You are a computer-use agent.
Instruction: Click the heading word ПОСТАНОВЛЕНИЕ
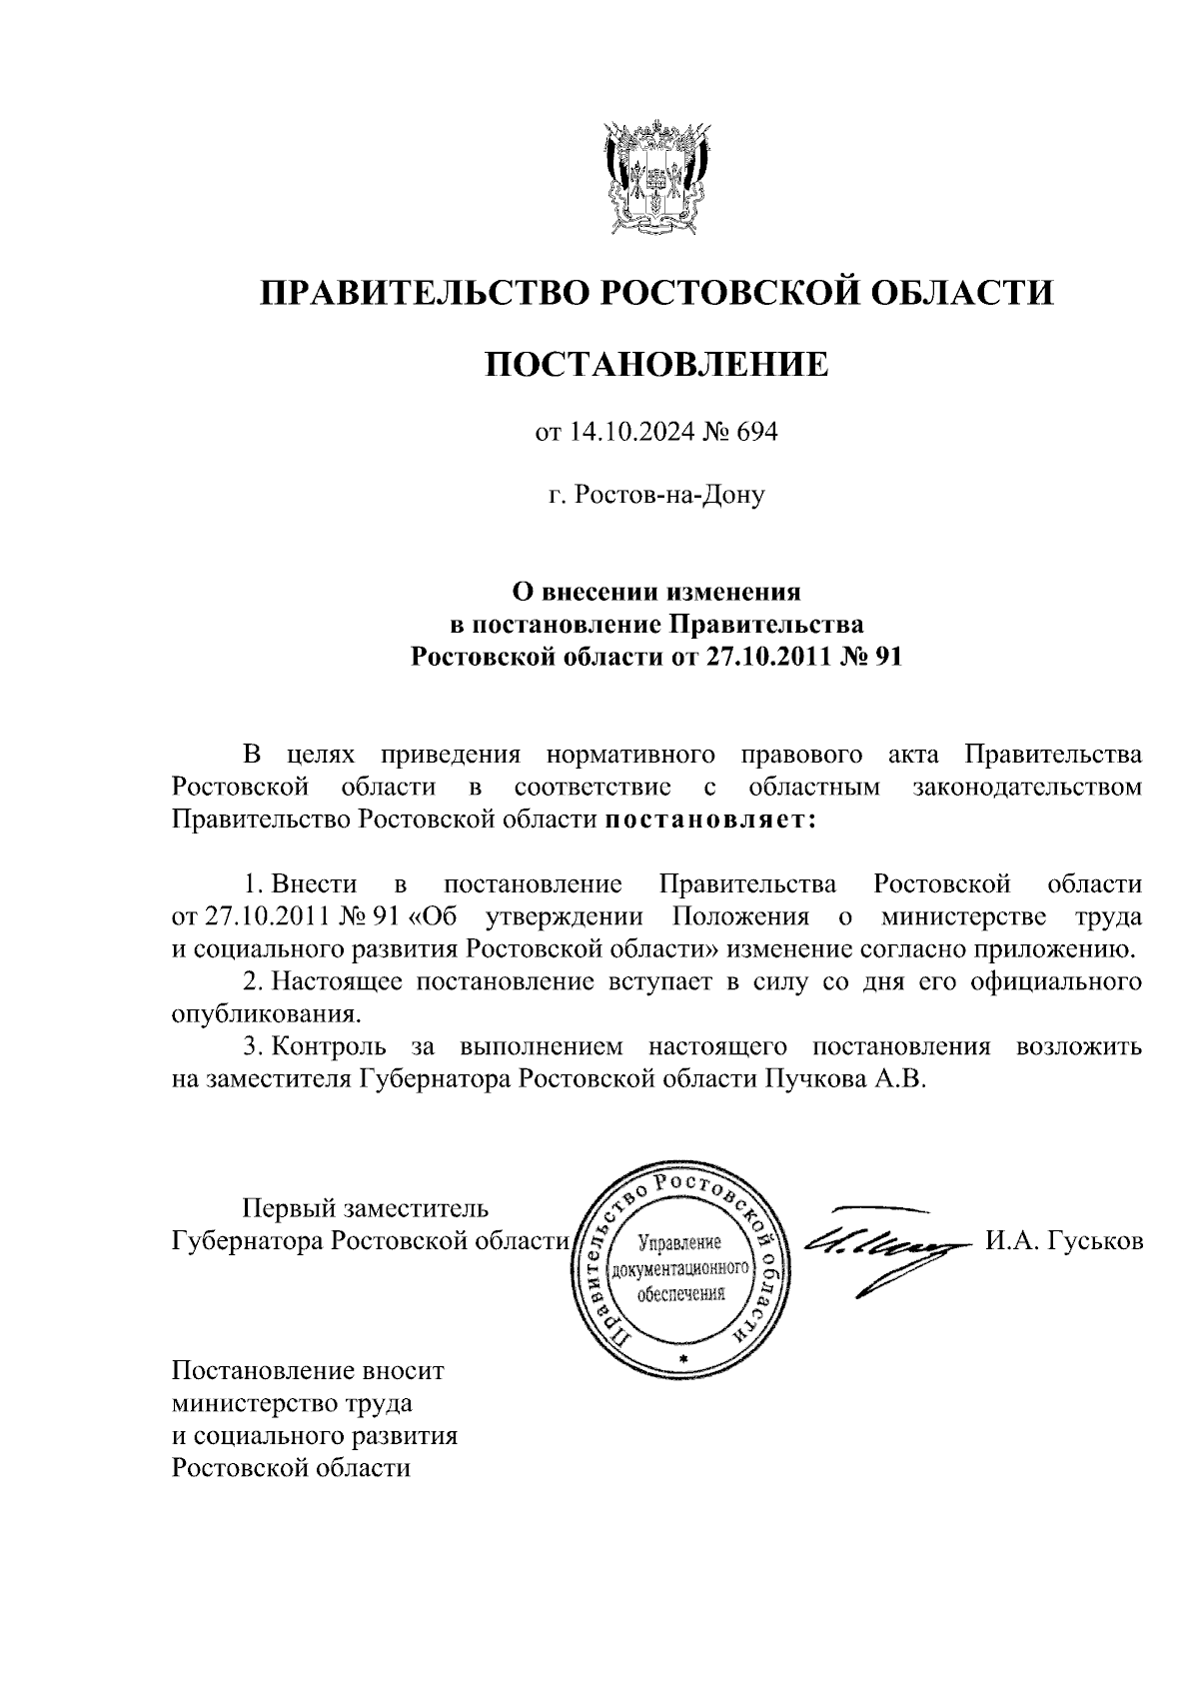[x=656, y=365]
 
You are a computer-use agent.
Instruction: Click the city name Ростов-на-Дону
[x=656, y=495]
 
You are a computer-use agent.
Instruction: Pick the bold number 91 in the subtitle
[x=887, y=658]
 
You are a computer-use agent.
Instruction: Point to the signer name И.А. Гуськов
[x=1063, y=1241]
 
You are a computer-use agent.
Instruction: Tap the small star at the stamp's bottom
[x=683, y=1362]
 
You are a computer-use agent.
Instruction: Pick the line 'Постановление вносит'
[x=308, y=1369]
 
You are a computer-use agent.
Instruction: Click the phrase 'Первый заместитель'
[x=368, y=1209]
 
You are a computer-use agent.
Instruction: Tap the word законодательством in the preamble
[x=1027, y=788]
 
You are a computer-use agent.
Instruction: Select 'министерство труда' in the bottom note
[x=293, y=1402]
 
